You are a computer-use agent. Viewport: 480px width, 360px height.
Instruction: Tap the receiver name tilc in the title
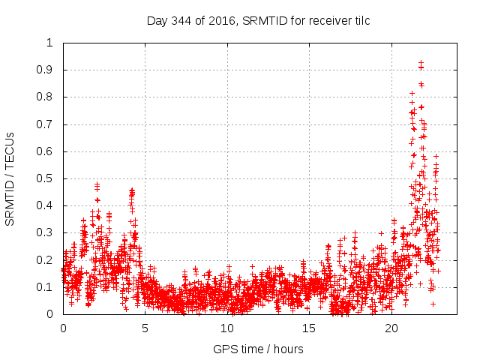(360, 21)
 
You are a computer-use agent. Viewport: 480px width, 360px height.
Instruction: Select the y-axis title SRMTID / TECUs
(10, 178)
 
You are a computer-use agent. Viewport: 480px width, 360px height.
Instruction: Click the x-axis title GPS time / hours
(258, 349)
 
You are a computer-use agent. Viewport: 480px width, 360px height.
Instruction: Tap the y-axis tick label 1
(50, 43)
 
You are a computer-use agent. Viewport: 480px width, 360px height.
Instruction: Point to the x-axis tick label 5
(145, 328)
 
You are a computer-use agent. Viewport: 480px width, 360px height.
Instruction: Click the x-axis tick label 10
(227, 328)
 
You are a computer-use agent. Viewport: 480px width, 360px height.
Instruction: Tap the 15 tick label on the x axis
(309, 328)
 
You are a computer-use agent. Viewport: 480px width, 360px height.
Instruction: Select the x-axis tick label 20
(391, 328)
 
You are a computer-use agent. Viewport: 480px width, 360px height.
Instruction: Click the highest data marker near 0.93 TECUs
(421, 62)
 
